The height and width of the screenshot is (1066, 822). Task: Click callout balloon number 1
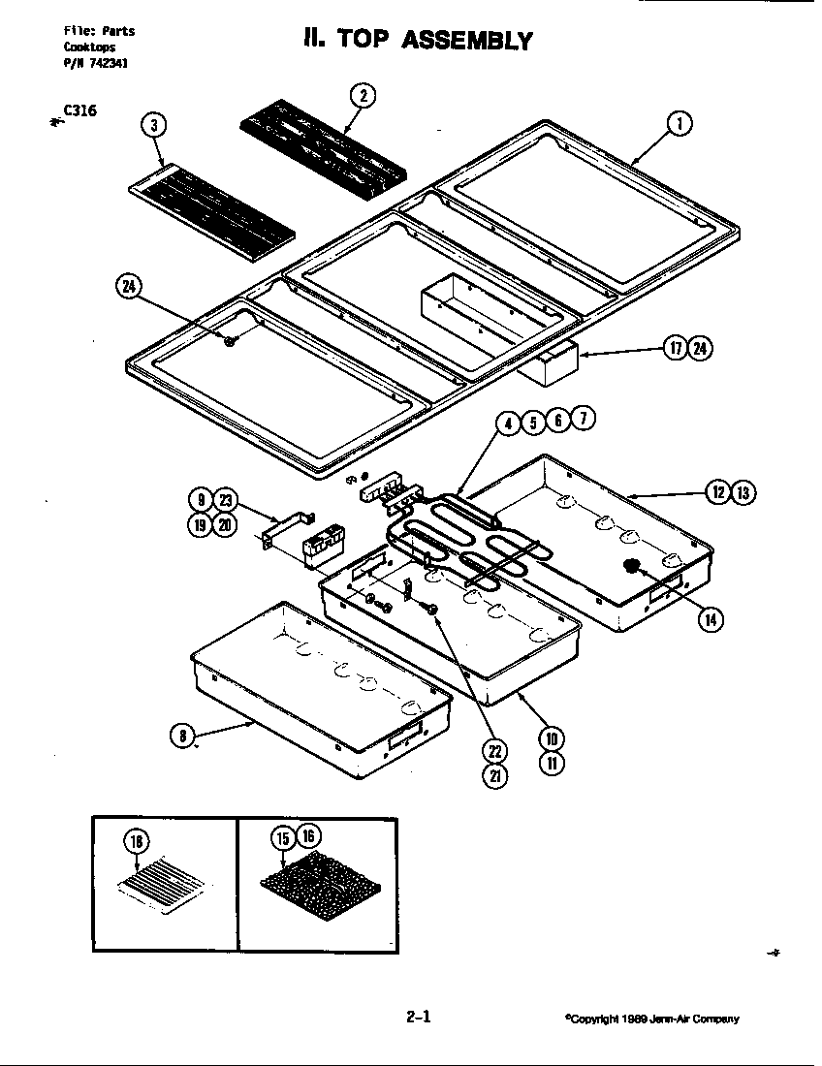(x=680, y=123)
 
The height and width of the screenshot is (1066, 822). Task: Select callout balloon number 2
(x=363, y=95)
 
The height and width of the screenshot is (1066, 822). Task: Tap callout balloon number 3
(x=152, y=124)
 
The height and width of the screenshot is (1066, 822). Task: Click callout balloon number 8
(x=181, y=736)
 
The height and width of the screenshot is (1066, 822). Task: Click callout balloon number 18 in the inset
(x=137, y=840)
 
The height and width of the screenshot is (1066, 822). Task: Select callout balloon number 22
(x=495, y=750)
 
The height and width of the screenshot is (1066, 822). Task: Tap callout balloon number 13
(x=743, y=492)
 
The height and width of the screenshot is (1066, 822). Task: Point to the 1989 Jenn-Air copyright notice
(x=651, y=1019)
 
